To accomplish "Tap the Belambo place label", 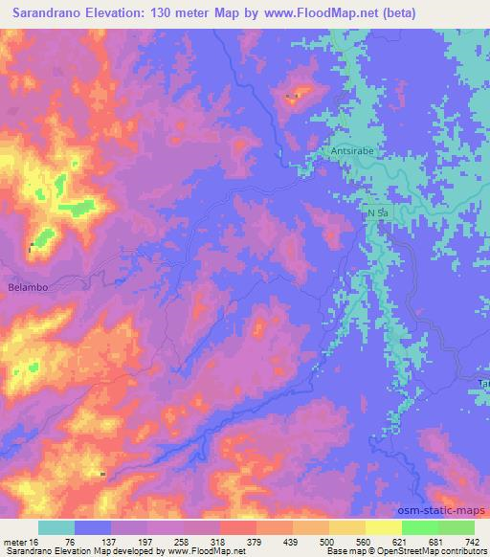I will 27,287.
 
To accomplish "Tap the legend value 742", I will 471,542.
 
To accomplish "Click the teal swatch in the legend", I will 56,527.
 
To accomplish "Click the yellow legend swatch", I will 384,527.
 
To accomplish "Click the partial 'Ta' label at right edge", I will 483,383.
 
